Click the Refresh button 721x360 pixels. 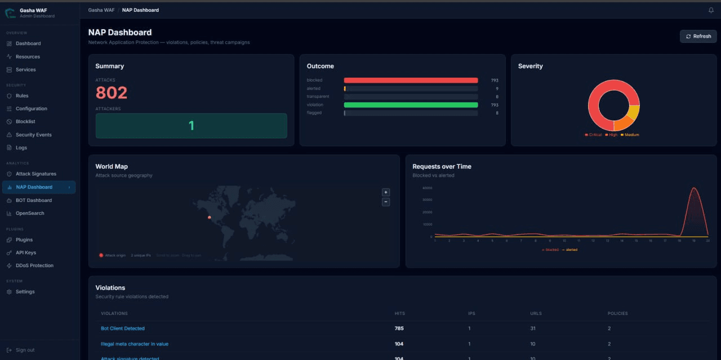[x=698, y=37]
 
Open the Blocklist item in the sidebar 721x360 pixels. [x=25, y=121]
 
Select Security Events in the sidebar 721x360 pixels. [x=33, y=135]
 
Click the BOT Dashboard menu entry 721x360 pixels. [x=33, y=200]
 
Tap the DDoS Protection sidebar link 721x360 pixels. [x=34, y=265]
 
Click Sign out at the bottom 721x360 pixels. [x=25, y=350]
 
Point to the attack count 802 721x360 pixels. [x=112, y=93]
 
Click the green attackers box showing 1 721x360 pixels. [x=191, y=125]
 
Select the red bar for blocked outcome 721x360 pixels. [x=411, y=80]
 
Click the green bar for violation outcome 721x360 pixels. [x=411, y=105]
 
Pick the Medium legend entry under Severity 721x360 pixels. [x=631, y=135]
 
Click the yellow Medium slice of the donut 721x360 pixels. [x=634, y=113]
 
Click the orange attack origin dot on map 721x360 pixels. [x=210, y=217]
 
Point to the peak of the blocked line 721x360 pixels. [x=694, y=188]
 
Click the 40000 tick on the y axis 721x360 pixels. [x=427, y=188]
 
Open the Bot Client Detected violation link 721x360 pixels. [x=123, y=328]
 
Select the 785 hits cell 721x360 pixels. [x=399, y=328]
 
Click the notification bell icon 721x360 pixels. [x=711, y=10]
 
